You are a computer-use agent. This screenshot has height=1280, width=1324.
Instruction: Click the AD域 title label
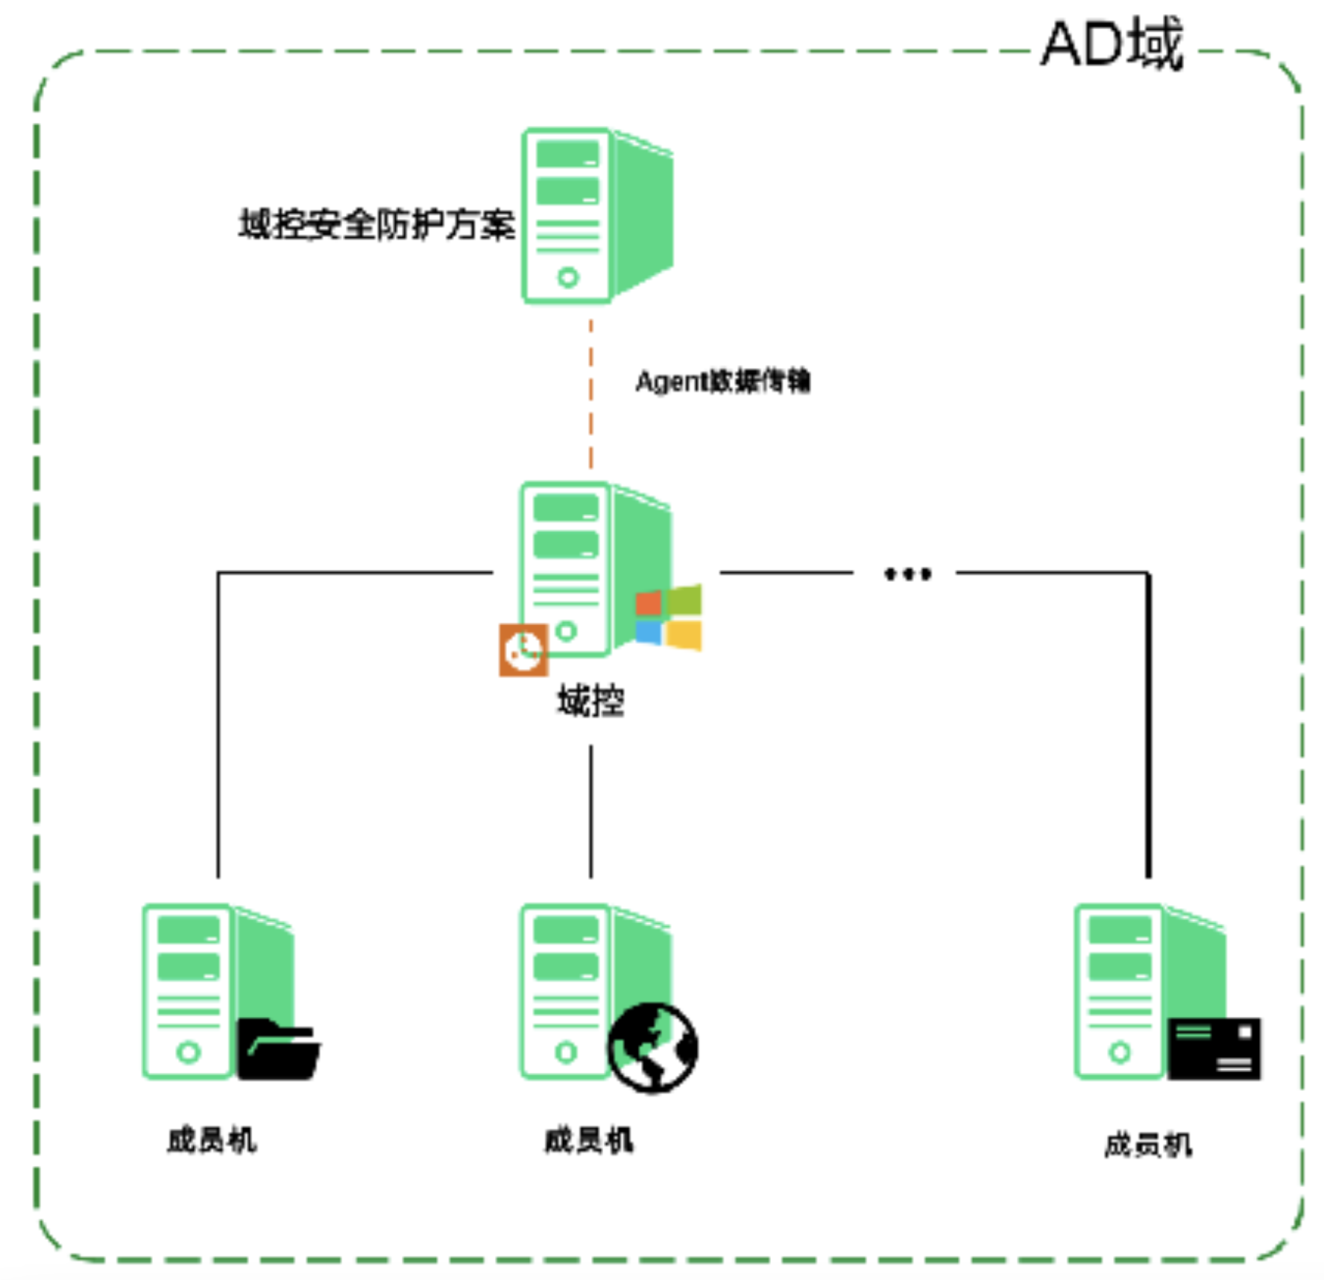click(x=1111, y=45)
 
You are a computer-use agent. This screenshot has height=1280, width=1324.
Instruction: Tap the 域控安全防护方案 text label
click(x=376, y=224)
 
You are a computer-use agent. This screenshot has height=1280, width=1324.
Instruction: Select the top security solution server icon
click(x=596, y=215)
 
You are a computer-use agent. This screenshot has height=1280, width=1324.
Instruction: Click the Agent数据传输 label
click(x=722, y=381)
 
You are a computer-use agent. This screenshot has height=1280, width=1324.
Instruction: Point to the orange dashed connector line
click(x=591, y=395)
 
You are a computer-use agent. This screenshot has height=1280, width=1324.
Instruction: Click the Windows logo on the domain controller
click(x=669, y=618)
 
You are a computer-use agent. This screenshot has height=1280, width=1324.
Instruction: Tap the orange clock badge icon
click(x=523, y=650)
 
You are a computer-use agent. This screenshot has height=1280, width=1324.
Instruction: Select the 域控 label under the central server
click(x=591, y=702)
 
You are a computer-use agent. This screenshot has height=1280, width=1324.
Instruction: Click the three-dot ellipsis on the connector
click(x=907, y=574)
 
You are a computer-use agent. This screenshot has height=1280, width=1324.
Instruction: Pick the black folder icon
click(x=279, y=1049)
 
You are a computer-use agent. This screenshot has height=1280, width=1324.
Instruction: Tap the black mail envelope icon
click(x=1214, y=1049)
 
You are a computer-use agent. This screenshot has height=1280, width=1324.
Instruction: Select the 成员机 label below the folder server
click(x=212, y=1141)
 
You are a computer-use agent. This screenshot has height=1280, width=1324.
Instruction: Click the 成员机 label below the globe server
click(x=589, y=1141)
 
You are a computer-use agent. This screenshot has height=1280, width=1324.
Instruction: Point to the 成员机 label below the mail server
click(x=1148, y=1145)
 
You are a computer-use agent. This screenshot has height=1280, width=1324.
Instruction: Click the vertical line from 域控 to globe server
click(x=591, y=812)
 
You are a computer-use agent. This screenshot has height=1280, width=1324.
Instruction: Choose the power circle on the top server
click(x=568, y=278)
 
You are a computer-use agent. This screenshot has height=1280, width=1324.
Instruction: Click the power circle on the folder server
click(x=189, y=1052)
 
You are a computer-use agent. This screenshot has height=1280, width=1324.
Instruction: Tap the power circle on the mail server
click(x=1120, y=1052)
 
